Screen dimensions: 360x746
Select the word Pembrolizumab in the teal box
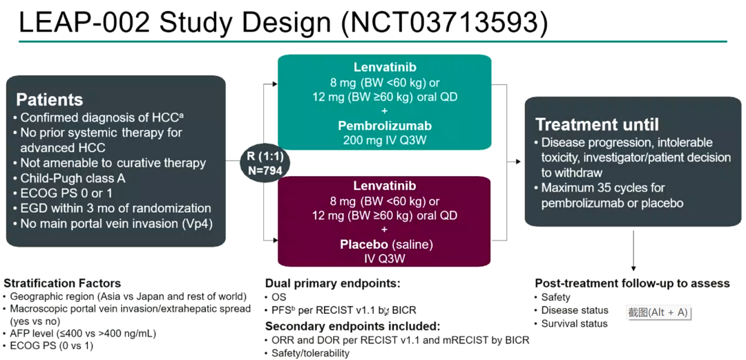[384, 126]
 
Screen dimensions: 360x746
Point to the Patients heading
[50, 100]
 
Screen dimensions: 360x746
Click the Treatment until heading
[597, 124]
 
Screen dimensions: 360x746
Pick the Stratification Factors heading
[62, 283]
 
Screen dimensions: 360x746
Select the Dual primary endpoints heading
[333, 283]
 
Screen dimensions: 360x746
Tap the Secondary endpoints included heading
[352, 326]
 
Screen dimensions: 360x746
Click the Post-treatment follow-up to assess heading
[632, 283]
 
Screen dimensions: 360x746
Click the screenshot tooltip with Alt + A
[658, 312]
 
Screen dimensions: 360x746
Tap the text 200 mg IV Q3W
[384, 140]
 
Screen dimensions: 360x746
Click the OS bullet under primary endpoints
[278, 297]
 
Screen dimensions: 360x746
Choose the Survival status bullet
[574, 323]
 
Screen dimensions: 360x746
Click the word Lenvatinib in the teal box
[384, 68]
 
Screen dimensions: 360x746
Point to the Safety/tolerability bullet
[309, 353]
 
